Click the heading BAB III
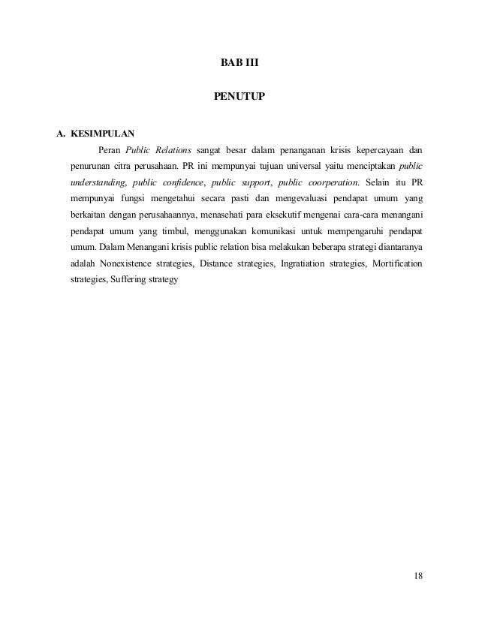point(239,62)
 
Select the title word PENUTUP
point(239,97)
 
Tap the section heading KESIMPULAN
point(101,136)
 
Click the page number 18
point(417,576)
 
